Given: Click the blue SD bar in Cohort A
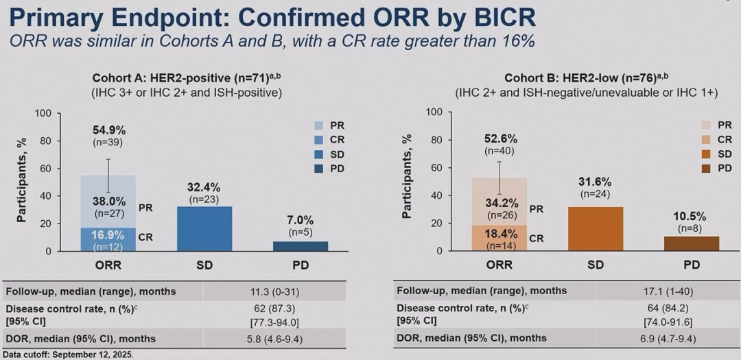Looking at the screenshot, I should pos(204,228).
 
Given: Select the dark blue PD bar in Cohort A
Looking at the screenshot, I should pos(300,246).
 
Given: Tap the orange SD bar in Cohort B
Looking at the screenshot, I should pos(596,228).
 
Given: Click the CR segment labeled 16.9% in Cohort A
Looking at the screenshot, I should pos(108,239).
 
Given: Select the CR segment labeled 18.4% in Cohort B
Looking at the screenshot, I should pos(499,238).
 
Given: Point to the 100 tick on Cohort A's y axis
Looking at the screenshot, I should pos(43,113).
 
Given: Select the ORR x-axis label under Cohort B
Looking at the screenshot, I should pos(499,265).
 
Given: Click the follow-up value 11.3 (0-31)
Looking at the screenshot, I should pos(299,291).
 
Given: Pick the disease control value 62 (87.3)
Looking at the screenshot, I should pos(299,308).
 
